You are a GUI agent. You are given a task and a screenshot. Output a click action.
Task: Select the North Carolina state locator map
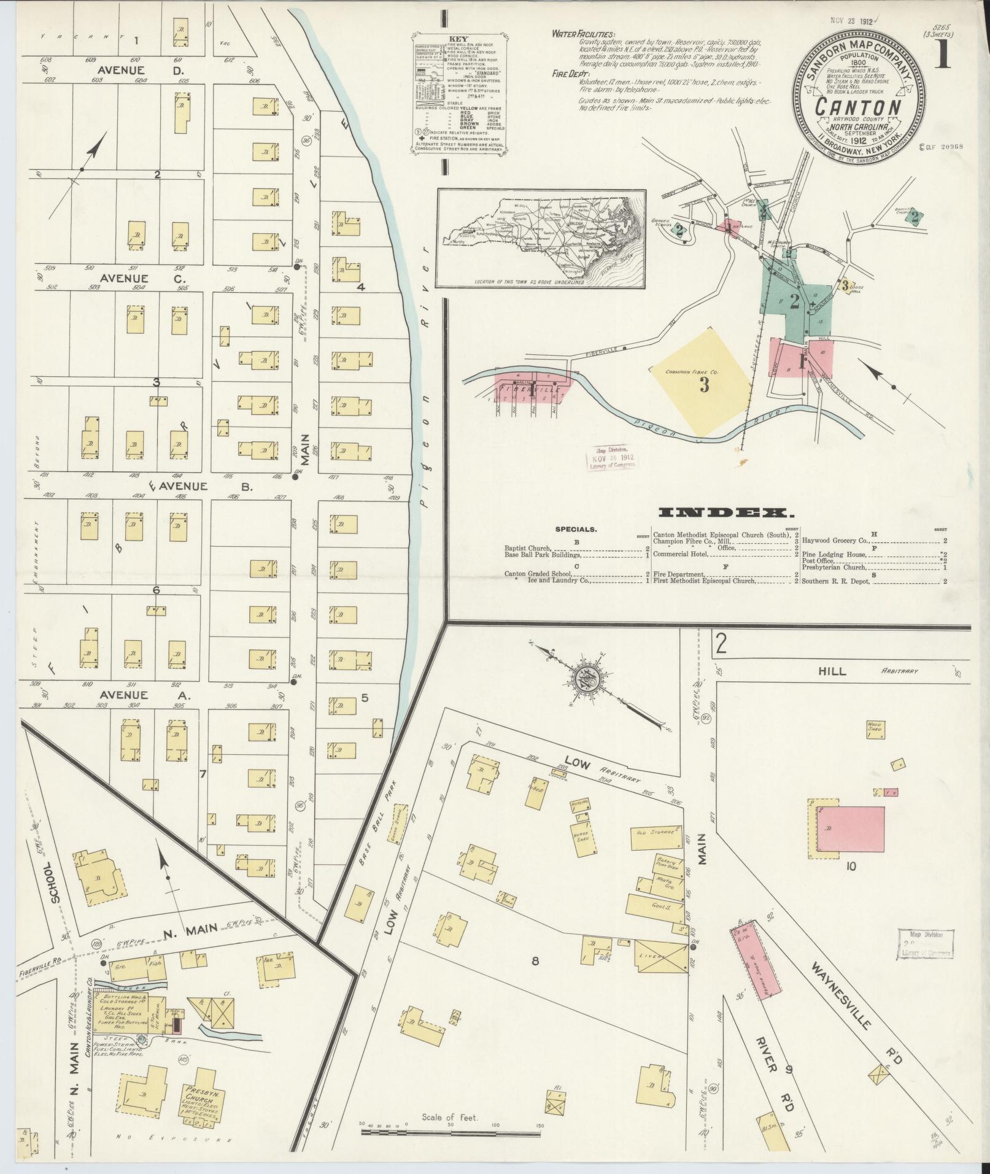point(542,238)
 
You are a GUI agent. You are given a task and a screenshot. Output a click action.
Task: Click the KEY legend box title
point(458,37)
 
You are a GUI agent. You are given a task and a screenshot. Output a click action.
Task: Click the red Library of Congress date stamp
point(611,458)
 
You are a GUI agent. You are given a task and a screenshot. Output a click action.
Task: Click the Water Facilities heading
point(583,34)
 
